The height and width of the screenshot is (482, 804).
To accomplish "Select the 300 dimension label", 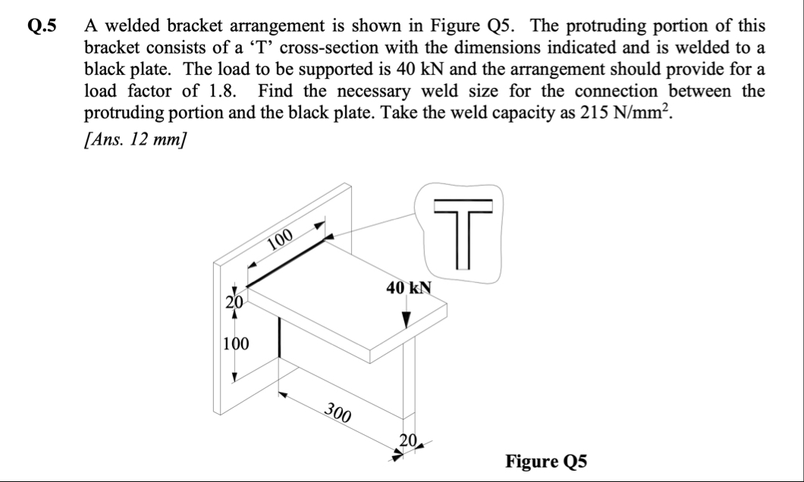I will click(338, 413).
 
